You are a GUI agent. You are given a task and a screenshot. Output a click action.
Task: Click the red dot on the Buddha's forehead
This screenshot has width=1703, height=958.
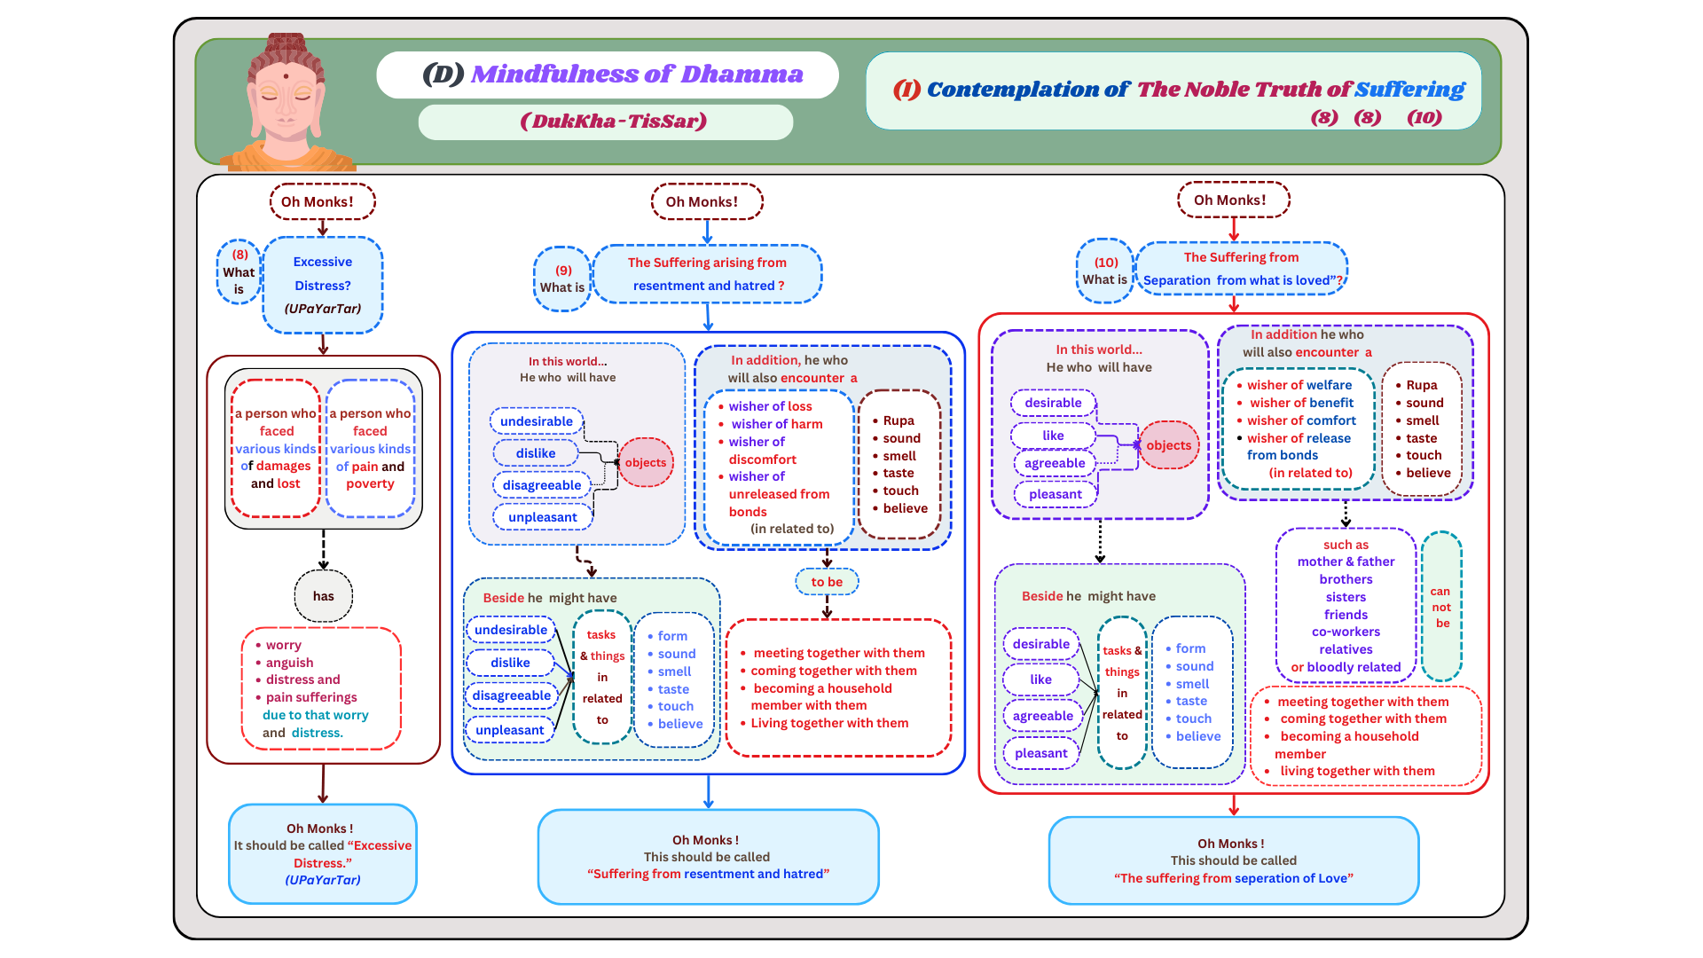pos(286,76)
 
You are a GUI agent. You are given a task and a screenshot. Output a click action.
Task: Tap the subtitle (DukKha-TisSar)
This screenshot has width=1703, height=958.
pos(613,122)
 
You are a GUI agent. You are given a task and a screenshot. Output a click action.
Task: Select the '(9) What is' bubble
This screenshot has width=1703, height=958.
pos(562,279)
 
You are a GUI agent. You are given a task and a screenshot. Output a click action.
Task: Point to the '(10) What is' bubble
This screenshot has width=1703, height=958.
pos(1105,271)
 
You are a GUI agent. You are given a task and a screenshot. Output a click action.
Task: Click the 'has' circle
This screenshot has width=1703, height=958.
pos(324,596)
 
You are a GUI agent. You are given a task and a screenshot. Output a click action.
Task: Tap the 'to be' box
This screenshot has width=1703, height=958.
pos(827,582)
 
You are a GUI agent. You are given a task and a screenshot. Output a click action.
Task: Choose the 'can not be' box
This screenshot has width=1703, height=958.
pos(1441,607)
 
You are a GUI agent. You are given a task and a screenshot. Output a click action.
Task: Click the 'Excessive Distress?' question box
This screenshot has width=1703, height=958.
pos(323,285)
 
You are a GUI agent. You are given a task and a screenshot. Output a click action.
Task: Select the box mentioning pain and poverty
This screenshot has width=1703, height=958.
pos(371,449)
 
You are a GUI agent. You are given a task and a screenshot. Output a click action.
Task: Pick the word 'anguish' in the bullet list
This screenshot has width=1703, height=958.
pos(290,663)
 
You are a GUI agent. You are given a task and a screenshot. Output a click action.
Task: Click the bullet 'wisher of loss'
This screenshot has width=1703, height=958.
pos(770,406)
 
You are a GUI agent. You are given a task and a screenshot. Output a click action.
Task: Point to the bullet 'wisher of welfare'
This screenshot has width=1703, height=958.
pos(1299,385)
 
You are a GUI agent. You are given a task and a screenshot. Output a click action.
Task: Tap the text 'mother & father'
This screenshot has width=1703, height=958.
pos(1346,561)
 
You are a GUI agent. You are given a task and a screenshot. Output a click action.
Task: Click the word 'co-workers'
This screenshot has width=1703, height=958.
pos(1346,632)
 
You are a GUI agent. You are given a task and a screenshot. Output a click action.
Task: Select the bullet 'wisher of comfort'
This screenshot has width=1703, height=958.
pos(1301,420)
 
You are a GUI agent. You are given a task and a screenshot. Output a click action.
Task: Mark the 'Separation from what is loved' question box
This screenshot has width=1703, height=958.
pos(1241,269)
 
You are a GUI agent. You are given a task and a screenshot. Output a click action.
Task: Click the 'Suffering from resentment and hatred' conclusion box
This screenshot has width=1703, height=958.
pos(708,857)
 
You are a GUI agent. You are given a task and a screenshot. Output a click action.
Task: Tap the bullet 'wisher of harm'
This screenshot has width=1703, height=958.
pos(776,424)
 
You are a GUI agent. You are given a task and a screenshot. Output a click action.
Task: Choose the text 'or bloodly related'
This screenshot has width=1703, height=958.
pos(1346,667)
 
